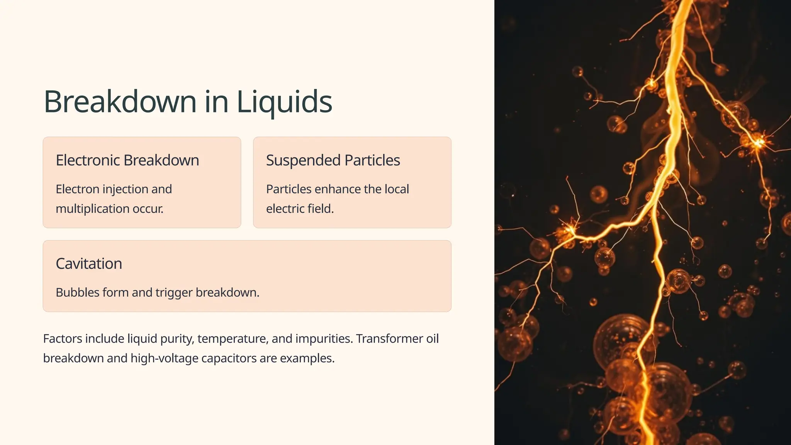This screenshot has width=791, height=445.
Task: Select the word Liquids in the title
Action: (284, 102)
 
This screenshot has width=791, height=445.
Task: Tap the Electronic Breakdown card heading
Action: (127, 160)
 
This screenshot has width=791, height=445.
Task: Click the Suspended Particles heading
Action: (333, 160)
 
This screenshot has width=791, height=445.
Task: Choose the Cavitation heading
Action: (89, 264)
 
